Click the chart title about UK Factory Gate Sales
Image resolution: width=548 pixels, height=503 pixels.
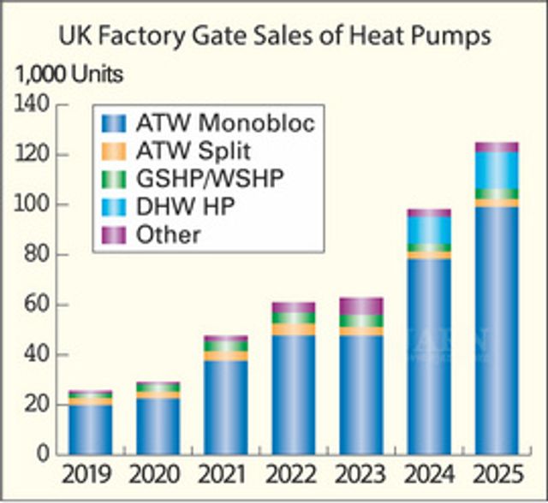point(274,36)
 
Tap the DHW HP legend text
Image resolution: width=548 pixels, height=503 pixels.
point(185,206)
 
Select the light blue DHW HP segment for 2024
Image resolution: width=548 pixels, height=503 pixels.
point(429,229)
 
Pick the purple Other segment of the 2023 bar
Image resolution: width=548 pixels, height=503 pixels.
point(361,305)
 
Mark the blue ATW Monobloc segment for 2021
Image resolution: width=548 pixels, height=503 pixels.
point(225,406)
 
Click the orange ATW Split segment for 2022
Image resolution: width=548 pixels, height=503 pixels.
point(293,329)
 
